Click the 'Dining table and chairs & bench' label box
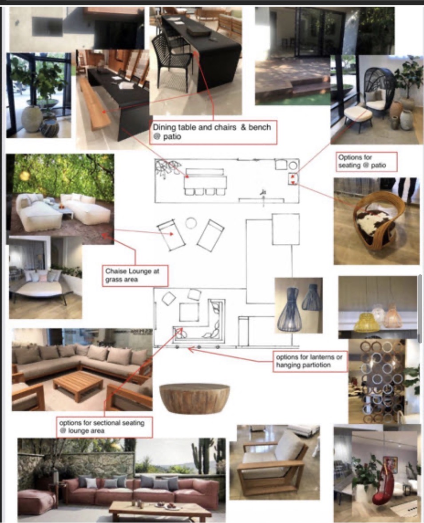[x=213, y=132]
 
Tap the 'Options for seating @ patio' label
[x=367, y=161]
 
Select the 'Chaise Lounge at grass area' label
[x=135, y=276]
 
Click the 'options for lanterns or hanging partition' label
[x=310, y=361]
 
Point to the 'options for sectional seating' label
[x=105, y=427]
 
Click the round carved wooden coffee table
[x=194, y=398]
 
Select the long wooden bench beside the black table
[x=95, y=105]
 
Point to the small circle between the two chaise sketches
[x=191, y=223]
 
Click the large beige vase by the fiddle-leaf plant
[x=32, y=118]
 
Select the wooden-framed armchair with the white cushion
[x=272, y=465]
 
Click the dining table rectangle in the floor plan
[x=205, y=182]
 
